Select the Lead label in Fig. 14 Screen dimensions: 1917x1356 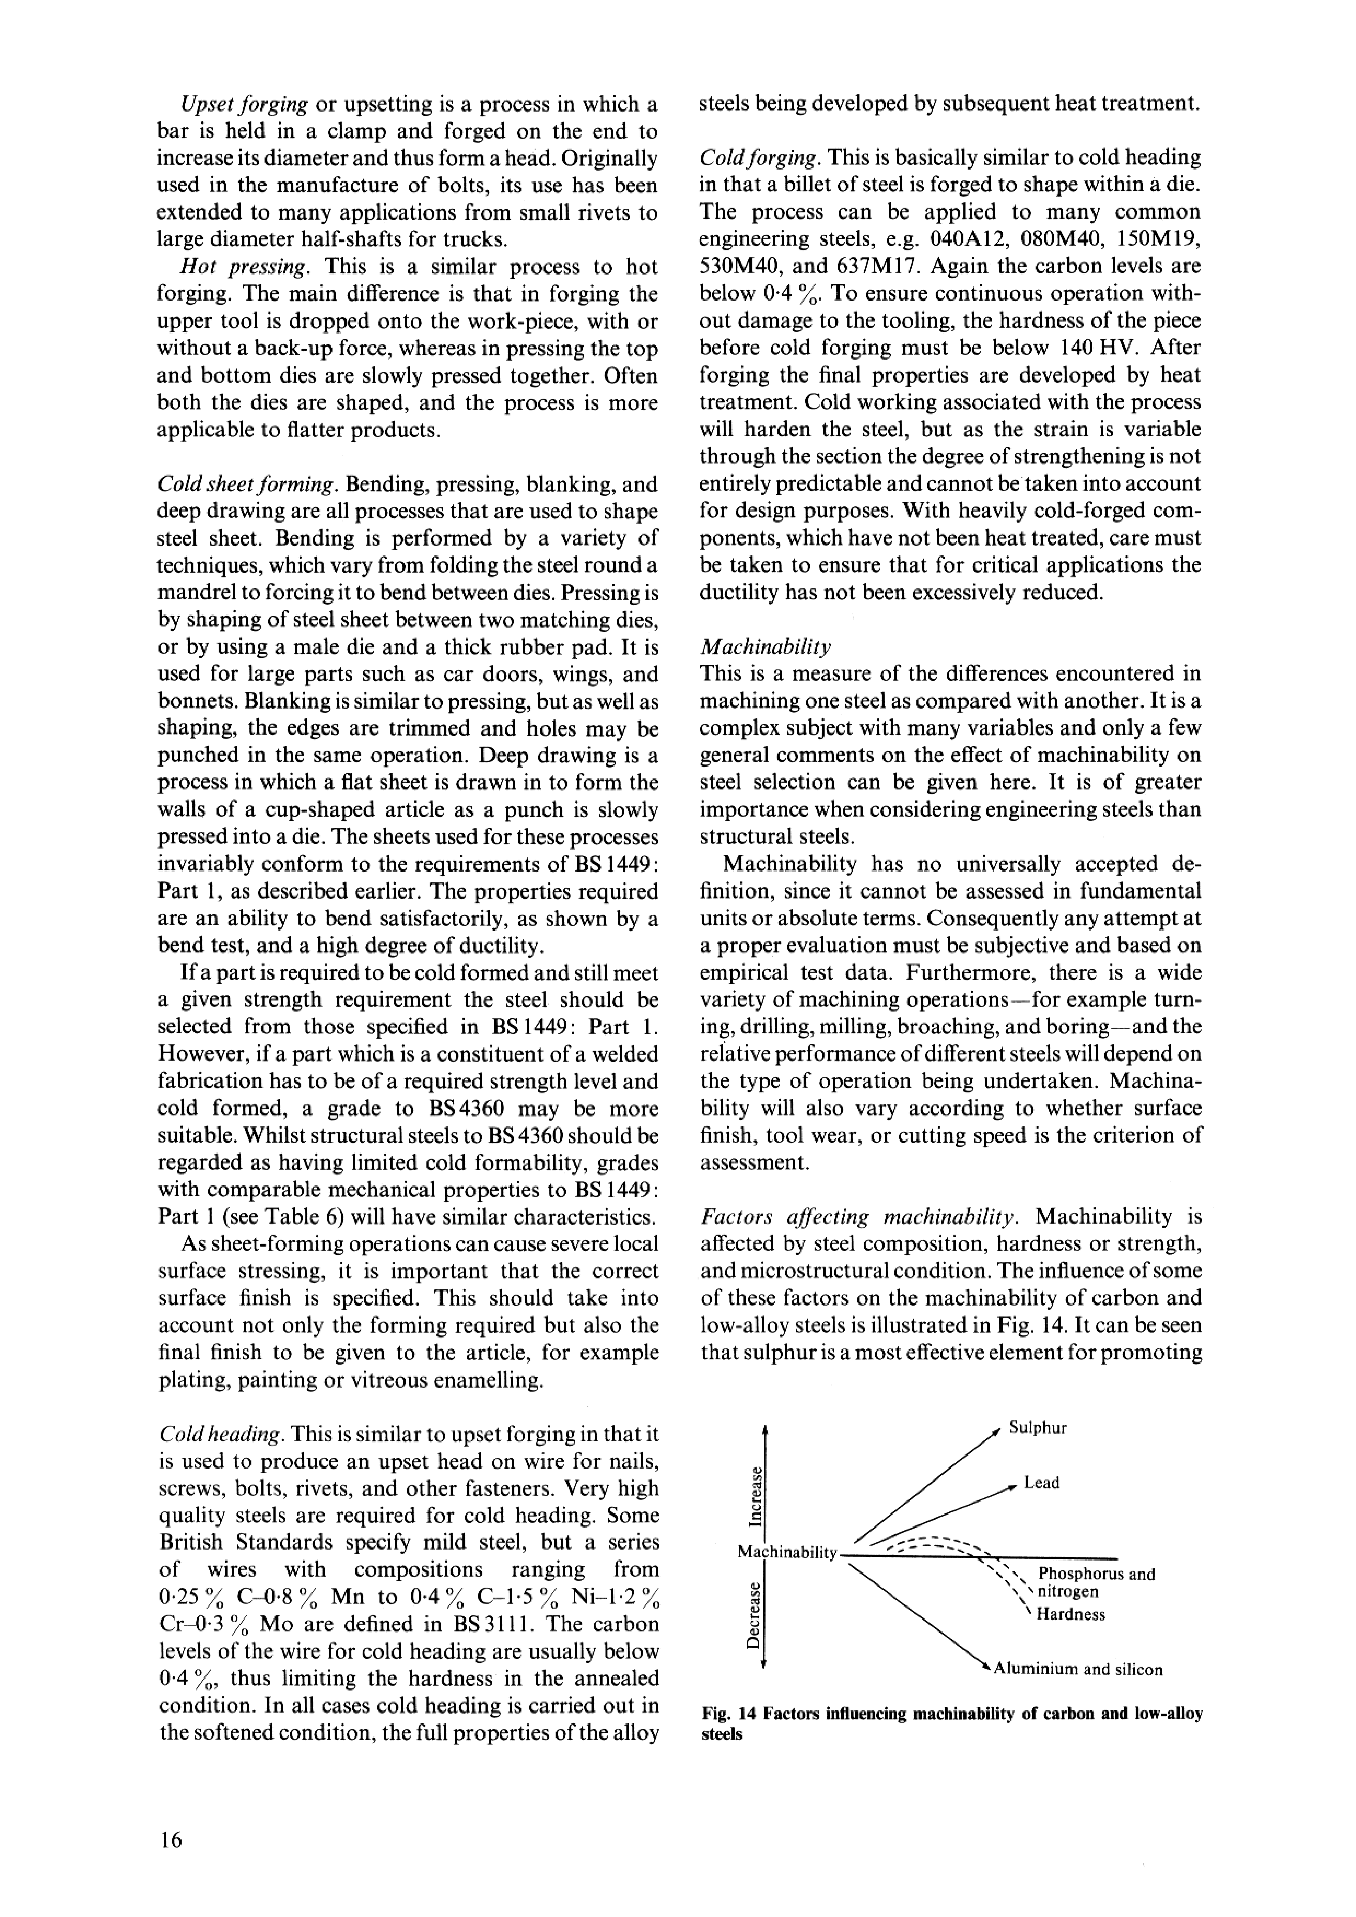(x=1041, y=1483)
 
